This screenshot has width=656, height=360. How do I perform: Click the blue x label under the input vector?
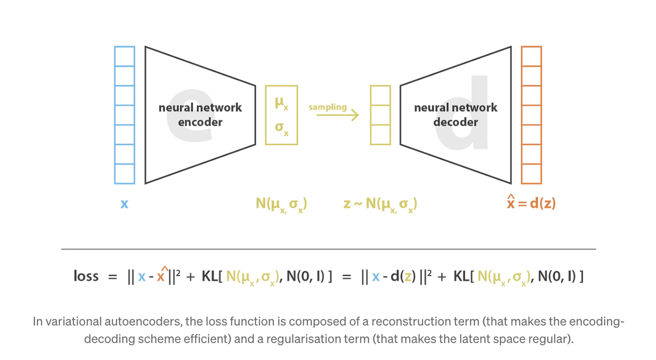tap(124, 204)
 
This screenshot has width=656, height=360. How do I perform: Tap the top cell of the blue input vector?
tap(124, 56)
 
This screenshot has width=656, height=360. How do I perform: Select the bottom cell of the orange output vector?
tap(531, 174)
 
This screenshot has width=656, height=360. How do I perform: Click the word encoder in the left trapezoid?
tap(200, 122)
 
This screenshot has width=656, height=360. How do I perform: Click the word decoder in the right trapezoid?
tap(456, 122)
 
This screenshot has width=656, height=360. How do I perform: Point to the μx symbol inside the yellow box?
tap(282, 103)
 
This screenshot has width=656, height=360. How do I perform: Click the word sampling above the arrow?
tap(328, 107)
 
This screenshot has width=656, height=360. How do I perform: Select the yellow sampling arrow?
tap(338, 115)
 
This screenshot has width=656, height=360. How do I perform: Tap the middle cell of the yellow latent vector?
tap(380, 115)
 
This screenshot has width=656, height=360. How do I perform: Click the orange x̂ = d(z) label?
tap(531, 202)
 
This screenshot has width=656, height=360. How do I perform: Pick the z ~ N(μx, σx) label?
tap(380, 205)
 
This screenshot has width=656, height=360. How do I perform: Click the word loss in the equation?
tap(86, 276)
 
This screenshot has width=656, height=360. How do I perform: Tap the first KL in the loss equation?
tap(210, 276)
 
